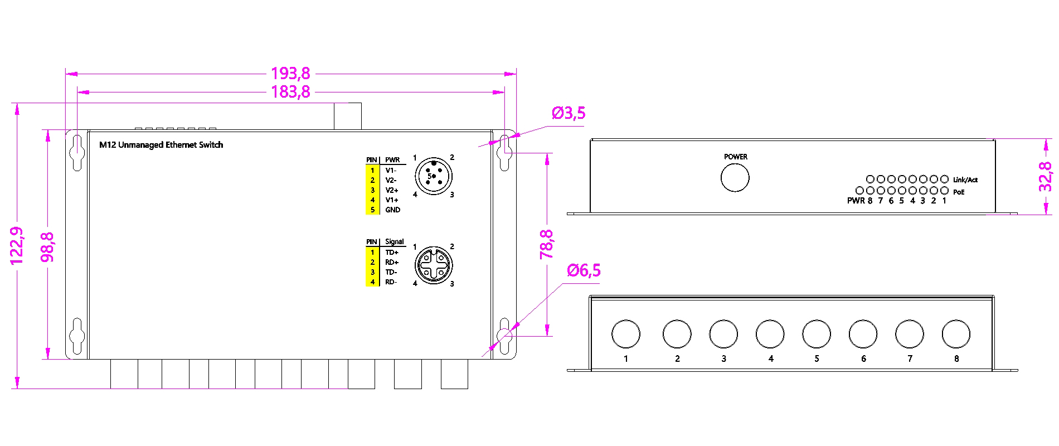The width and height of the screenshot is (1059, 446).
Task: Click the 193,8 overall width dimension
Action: [290, 74]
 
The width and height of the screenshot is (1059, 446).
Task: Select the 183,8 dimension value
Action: [290, 92]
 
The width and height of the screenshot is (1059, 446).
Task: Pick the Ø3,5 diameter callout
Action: [569, 113]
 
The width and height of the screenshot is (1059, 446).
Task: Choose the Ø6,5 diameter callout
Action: [584, 271]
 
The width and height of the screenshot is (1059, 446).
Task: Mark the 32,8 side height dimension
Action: [1046, 176]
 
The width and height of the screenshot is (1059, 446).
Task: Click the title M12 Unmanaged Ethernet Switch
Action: [161, 145]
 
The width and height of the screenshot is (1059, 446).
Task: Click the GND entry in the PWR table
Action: [392, 210]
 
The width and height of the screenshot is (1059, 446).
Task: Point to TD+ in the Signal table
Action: [392, 253]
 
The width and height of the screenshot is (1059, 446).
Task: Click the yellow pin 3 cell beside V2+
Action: [372, 190]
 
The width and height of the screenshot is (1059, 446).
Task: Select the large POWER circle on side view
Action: [735, 178]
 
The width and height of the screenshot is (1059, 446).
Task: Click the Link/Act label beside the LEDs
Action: [965, 180]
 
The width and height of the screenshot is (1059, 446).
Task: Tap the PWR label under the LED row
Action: [856, 201]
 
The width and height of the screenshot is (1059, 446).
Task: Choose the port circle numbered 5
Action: [817, 334]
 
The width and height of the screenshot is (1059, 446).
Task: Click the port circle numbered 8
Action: [956, 334]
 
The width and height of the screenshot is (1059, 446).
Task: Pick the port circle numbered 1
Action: [625, 334]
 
